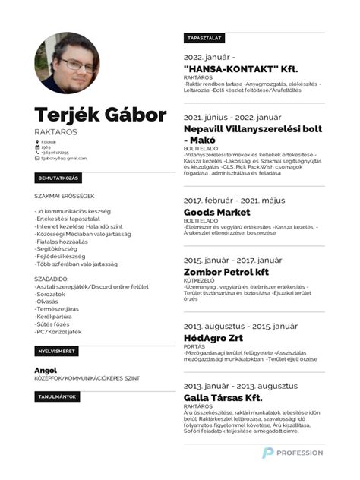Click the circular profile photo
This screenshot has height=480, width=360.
point(67,64)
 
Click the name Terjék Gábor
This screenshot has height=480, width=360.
point(100,116)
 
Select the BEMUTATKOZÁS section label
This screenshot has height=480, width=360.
point(58,178)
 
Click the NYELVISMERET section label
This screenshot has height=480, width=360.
point(56,352)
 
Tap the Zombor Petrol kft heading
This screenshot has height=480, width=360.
point(226,270)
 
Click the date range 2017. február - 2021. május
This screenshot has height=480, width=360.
point(233,201)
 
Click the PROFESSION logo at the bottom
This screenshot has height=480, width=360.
point(292,453)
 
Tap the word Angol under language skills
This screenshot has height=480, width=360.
point(46,369)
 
